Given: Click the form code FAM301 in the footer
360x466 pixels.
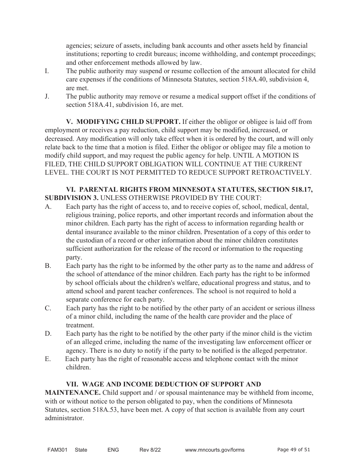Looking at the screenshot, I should point(57,450).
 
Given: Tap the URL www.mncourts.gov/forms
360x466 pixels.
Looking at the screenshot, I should point(214,450).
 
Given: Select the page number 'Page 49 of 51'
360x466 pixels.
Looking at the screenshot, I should point(294,450).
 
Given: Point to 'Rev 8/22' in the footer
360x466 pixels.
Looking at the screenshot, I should point(150,450).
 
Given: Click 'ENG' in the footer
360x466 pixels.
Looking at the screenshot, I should point(113,450).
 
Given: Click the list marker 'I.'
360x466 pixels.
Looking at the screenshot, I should point(47,71).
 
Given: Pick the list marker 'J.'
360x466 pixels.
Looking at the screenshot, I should point(47,96).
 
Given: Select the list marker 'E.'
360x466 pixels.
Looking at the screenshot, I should point(47,359).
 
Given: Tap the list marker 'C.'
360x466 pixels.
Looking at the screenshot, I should point(48,308).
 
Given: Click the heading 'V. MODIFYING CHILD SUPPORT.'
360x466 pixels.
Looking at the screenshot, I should point(123,122).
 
